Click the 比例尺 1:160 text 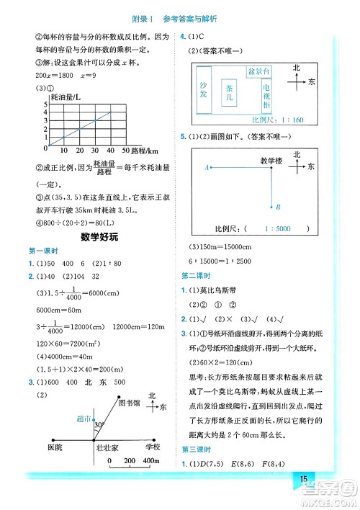click(264, 119)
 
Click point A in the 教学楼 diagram click(207, 166)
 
